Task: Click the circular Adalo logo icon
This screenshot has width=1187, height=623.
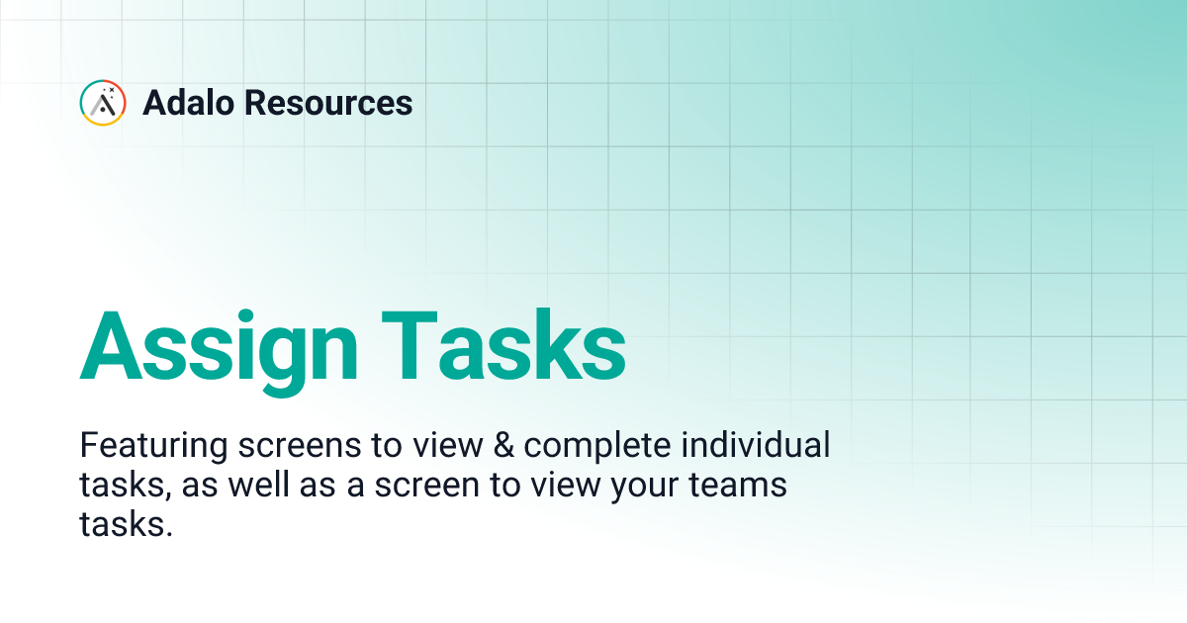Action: click(103, 103)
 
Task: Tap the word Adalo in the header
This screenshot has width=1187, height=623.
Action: click(190, 103)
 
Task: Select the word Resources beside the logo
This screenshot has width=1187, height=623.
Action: click(330, 103)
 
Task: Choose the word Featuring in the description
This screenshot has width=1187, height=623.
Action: click(153, 446)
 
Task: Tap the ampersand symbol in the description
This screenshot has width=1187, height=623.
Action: click(504, 446)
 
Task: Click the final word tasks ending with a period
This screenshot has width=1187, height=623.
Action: click(126, 525)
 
